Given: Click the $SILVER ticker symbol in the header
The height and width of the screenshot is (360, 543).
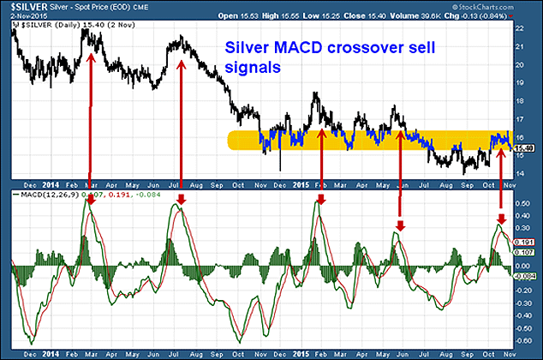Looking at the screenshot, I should tap(21, 7).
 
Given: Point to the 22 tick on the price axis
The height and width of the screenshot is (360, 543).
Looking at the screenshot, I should tap(521, 28).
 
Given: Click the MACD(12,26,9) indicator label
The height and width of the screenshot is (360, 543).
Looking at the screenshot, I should tap(50, 196).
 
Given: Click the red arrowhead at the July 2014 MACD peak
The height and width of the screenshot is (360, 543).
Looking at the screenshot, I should tap(180, 200).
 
